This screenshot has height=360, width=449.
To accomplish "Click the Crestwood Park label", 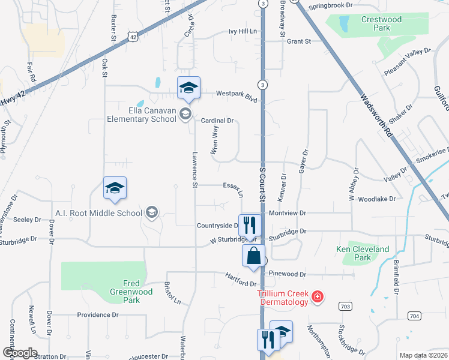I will tap(381, 23).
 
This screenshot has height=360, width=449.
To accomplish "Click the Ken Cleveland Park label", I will tap(363, 253).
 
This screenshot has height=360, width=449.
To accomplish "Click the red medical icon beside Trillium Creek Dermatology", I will tap(317, 296).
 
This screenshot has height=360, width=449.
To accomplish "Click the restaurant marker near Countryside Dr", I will tap(250, 225).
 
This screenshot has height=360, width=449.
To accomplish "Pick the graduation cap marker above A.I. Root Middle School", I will tap(115, 188).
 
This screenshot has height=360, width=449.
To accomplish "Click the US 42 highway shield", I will tap(133, 36).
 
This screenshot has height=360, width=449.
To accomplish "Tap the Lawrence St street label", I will tap(194, 170).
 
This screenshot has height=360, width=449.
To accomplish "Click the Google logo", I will tap(20, 353).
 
